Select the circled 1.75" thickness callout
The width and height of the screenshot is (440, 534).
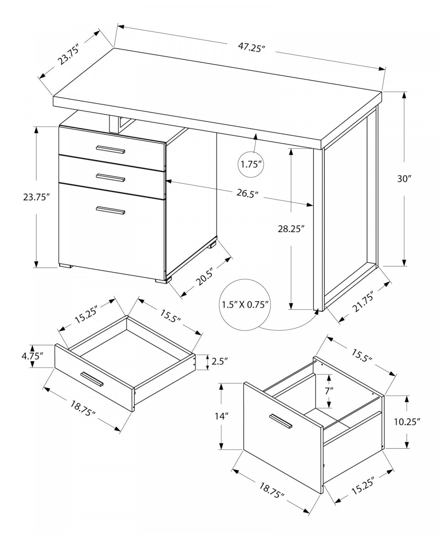tap(251, 164)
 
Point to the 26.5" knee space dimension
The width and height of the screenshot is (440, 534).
tap(247, 193)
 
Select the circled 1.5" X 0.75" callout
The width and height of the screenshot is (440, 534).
tap(245, 305)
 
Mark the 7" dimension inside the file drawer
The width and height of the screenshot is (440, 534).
tap(329, 390)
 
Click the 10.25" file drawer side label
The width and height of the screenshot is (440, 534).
tap(407, 422)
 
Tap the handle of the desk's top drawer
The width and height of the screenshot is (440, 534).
tap(110, 150)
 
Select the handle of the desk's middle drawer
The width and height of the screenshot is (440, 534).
tap(110, 177)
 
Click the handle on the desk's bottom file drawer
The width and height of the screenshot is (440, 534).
tap(110, 211)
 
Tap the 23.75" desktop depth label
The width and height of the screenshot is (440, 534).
tap(68, 54)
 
